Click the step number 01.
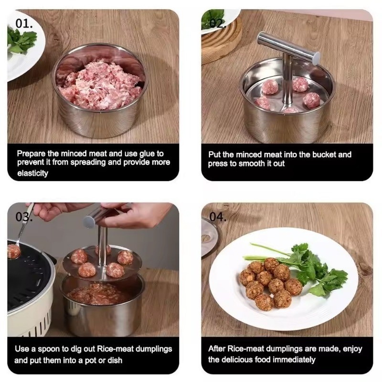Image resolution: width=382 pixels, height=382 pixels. point(24,23)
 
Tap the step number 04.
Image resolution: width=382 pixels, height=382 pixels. point(218,217)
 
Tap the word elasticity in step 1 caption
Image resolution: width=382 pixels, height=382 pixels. point(32,173)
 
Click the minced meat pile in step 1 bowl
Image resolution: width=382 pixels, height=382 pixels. point(100,85)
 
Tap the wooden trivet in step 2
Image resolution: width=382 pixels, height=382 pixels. point(221,42)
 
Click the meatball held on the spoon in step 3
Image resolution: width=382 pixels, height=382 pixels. point(14,252)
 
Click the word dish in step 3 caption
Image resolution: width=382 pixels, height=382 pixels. point(115,360)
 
